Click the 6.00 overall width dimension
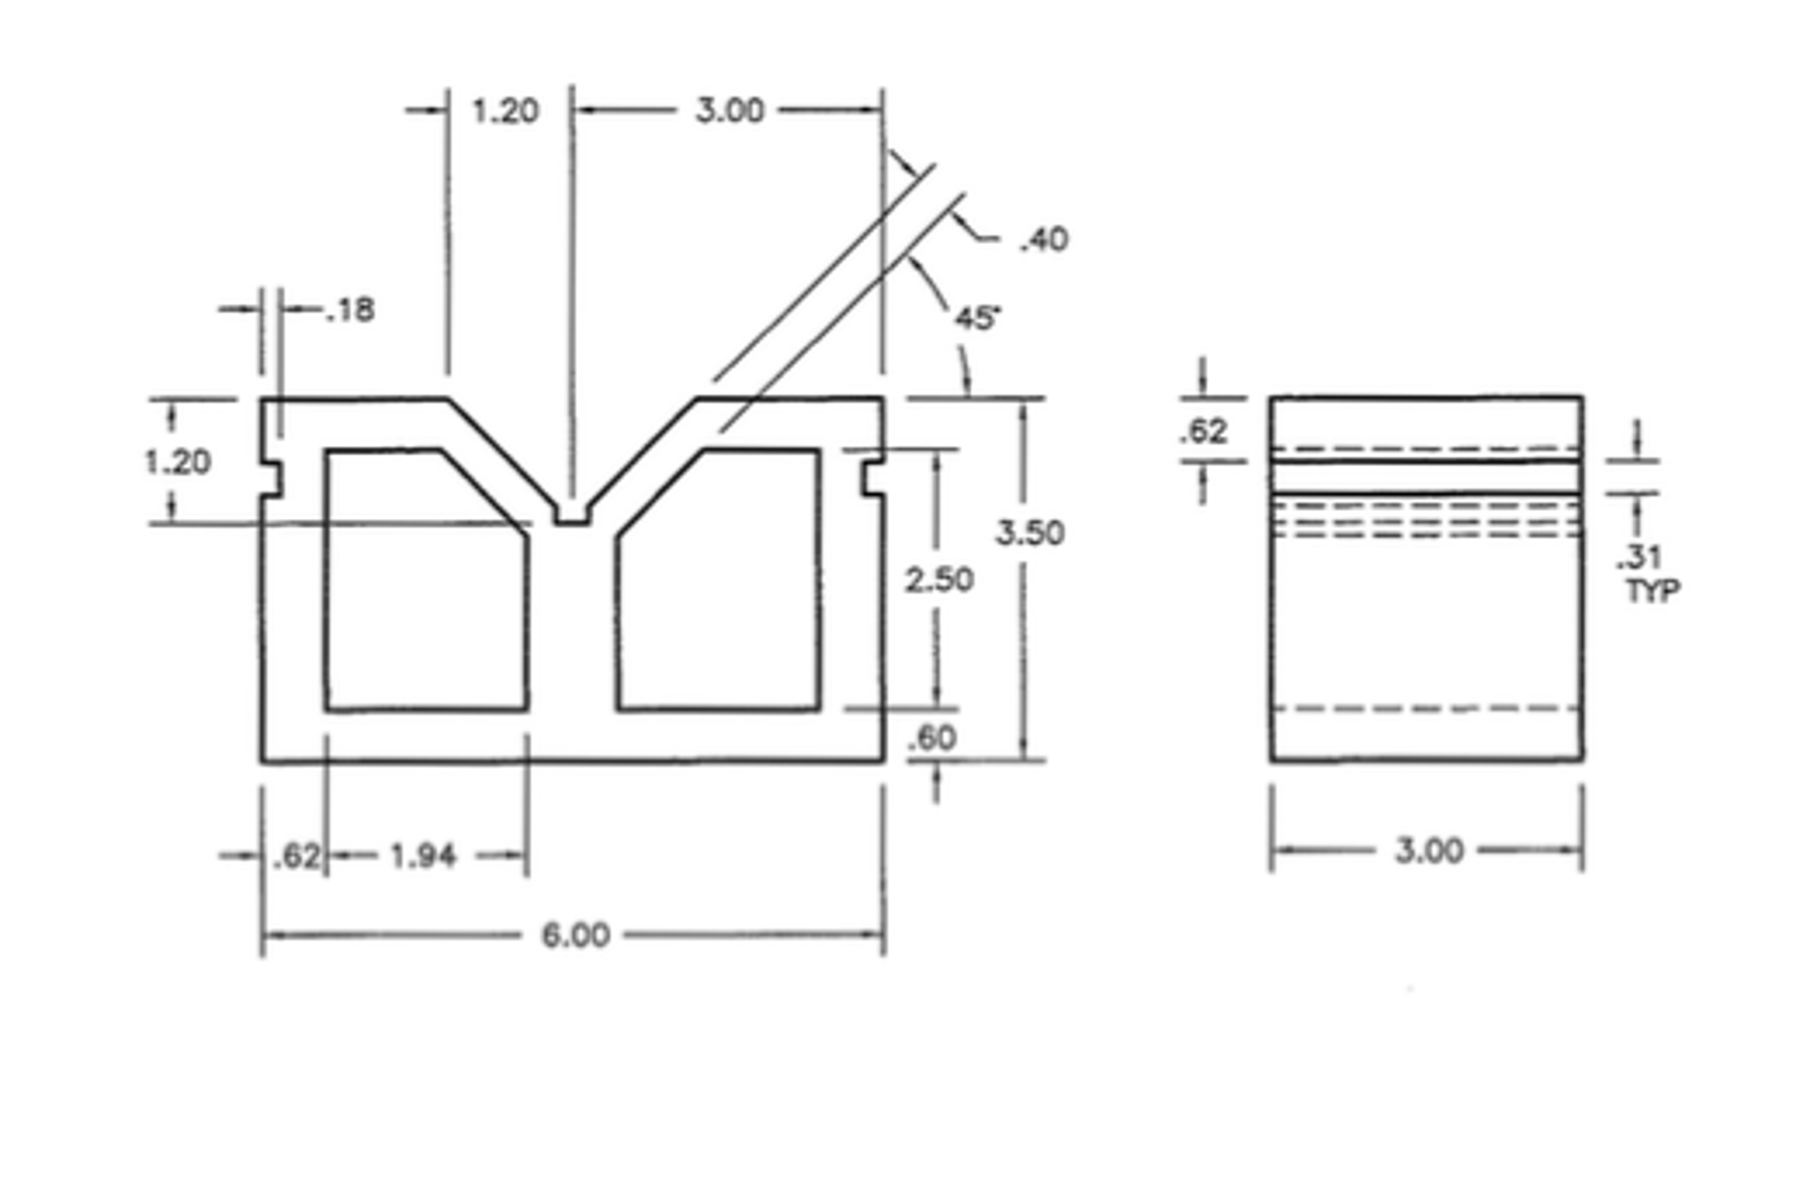pos(575,935)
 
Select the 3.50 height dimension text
pos(1029,532)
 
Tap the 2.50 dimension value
pos(939,579)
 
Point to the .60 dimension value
pos(932,737)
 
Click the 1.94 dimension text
pos(423,856)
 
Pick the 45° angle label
pos(977,318)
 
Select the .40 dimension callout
pos(1044,240)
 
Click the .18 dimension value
pos(350,310)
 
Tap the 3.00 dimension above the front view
pos(730,111)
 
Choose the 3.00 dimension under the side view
pos(1428,850)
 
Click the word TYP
pos(1652,590)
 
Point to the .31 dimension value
pos(1638,557)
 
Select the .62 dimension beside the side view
pos(1204,431)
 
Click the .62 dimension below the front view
pos(297,856)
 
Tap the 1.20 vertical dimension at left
pos(177,462)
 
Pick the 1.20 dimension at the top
pos(505,111)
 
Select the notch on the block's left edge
pos(272,478)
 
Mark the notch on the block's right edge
pos(872,477)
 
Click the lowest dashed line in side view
pos(1426,708)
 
